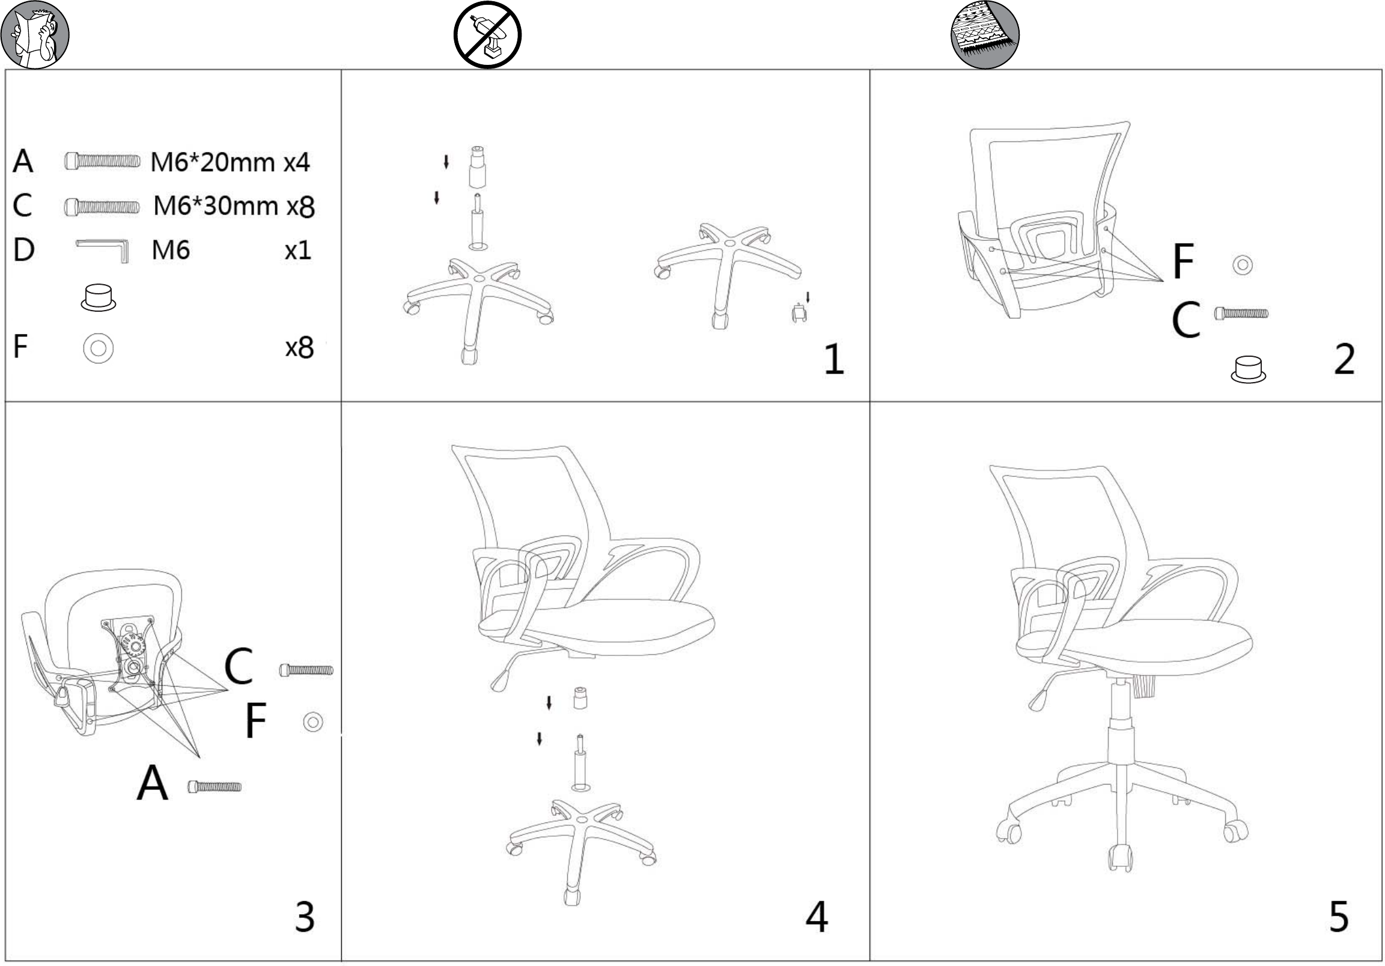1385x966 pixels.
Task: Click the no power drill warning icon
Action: (487, 34)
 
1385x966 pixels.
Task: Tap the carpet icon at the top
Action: (985, 34)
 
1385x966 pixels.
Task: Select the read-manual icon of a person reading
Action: (35, 34)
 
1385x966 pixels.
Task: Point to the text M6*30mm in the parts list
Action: (215, 205)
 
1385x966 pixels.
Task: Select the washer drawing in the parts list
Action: (99, 348)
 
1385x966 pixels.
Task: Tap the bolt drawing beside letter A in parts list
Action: (103, 161)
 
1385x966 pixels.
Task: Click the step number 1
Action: (834, 359)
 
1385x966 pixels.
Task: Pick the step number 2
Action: (1345, 359)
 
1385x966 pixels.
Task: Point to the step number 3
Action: (305, 917)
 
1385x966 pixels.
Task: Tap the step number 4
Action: (817, 917)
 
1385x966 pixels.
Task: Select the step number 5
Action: (1339, 917)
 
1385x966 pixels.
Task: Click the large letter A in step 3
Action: (152, 782)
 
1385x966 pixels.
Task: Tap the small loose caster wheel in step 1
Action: (799, 314)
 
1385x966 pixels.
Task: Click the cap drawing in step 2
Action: (1248, 369)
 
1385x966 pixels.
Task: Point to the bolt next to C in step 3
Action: (306, 670)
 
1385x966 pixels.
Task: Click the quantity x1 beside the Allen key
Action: (298, 251)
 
